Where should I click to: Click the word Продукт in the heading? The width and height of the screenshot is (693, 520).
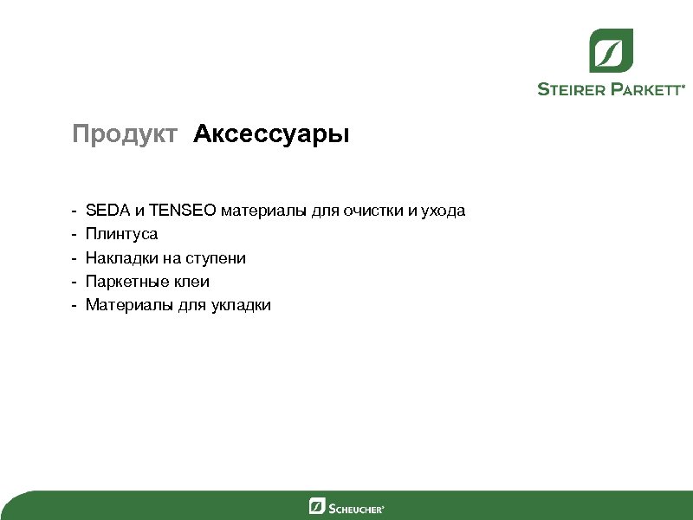tap(125, 135)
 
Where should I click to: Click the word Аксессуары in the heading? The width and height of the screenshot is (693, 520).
tap(271, 135)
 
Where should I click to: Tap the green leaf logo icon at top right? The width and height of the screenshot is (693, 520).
tap(612, 50)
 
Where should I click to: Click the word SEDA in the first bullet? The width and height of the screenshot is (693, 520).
tap(105, 211)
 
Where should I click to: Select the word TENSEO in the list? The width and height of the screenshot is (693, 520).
tap(183, 211)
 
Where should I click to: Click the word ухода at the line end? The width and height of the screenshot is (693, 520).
tap(443, 211)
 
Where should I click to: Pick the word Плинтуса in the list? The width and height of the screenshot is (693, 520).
tap(121, 234)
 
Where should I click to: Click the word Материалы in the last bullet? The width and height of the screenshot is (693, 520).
tap(129, 305)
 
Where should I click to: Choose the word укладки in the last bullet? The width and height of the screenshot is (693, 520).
tap(241, 305)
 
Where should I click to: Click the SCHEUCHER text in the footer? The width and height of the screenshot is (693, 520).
tap(356, 507)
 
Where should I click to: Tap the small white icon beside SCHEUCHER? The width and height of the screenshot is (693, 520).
tap(317, 506)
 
